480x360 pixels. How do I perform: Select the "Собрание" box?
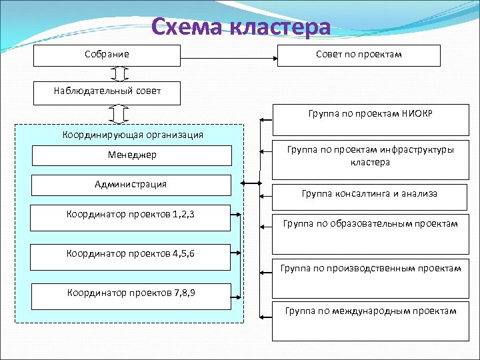tap(107, 55)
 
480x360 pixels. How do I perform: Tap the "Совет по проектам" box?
tap(359, 55)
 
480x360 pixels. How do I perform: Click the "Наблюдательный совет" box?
tap(107, 92)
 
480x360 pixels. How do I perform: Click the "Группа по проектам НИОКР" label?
tap(370, 113)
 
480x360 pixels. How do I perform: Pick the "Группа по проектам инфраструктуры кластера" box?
tap(370, 156)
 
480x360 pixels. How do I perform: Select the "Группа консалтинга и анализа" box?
tap(370, 194)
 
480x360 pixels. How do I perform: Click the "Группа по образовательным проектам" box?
tap(370, 224)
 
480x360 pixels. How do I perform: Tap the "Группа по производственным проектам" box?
tap(370, 269)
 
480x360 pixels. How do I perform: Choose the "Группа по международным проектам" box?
tap(370, 311)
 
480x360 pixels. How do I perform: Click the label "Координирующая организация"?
tap(133, 135)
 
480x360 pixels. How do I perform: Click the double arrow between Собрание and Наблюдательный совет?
tap(121, 73)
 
